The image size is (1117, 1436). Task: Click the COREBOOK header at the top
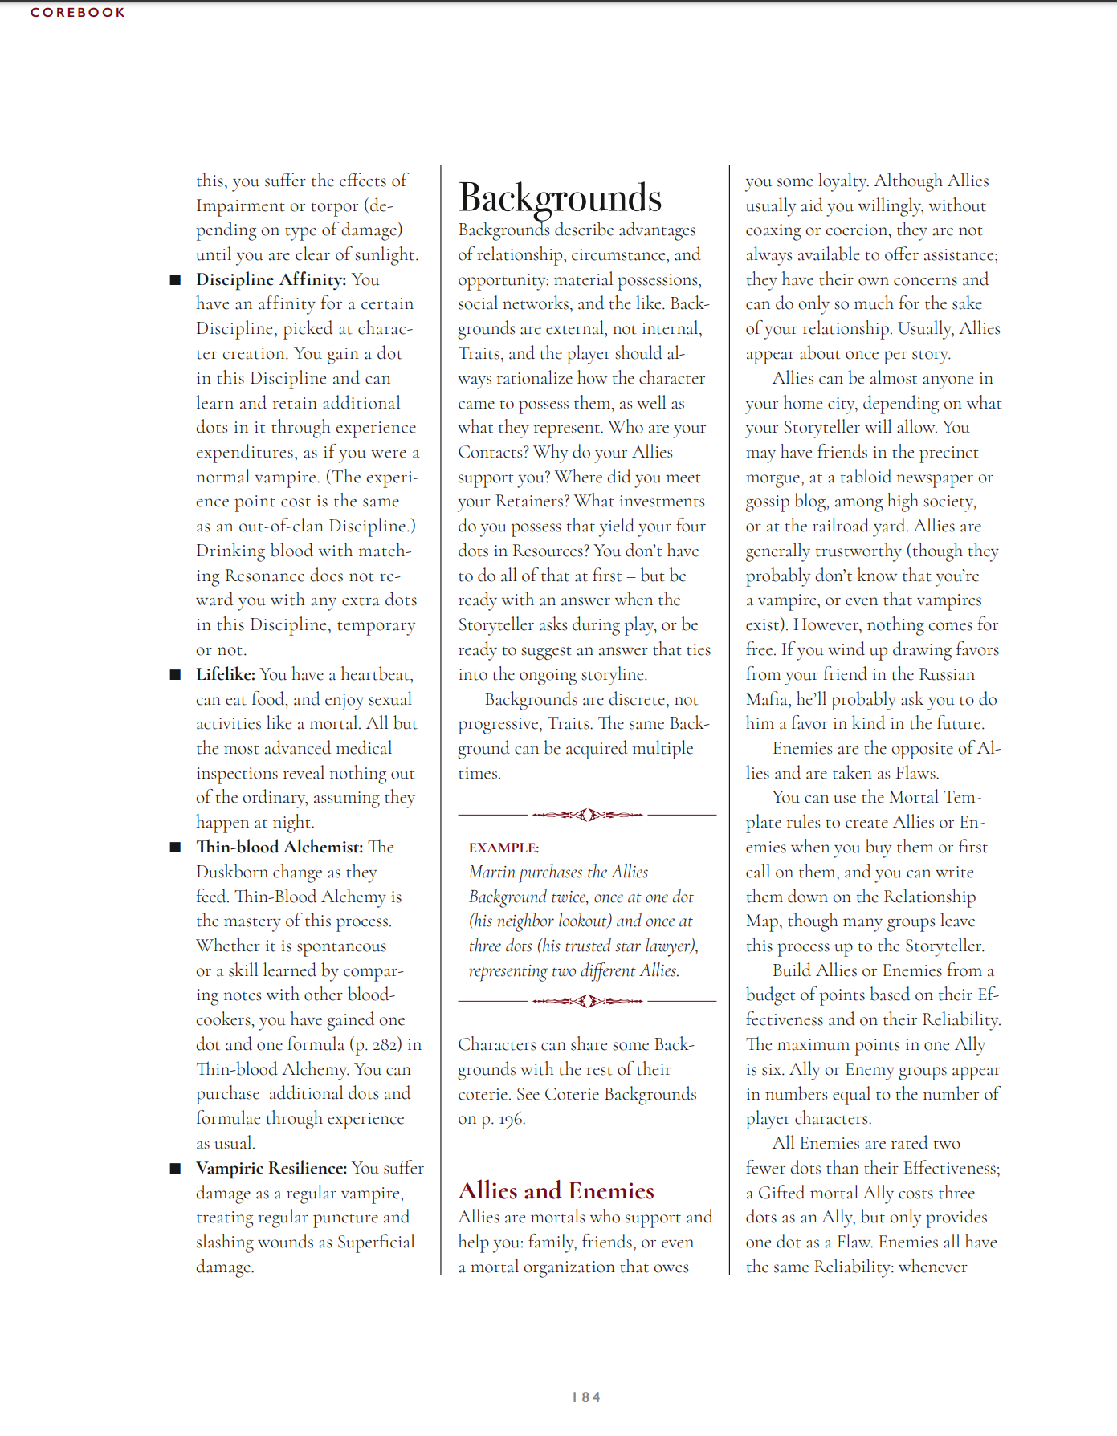78,13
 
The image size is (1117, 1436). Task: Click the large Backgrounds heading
560,198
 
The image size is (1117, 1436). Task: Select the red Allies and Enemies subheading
556,1190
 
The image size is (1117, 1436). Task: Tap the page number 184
586,1397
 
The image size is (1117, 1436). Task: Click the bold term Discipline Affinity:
271,279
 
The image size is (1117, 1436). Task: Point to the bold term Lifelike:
226,674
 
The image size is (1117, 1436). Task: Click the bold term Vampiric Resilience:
271,1168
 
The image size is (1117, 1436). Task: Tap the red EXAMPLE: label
503,848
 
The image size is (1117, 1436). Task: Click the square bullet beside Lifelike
175,674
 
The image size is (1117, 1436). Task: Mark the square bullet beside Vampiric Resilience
175,1169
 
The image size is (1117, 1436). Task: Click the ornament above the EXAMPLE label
587,815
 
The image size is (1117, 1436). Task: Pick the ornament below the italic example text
587,1001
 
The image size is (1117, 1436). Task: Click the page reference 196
511,1119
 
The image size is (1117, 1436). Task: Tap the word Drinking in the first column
230,551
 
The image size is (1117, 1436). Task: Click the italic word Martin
491,872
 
